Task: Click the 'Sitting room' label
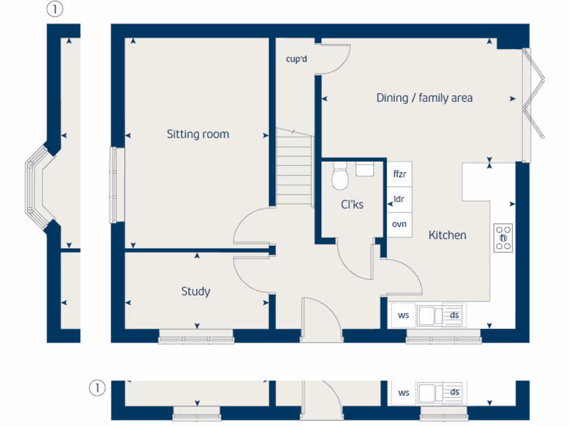point(198,134)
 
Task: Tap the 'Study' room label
point(196,291)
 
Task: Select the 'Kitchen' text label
point(447,235)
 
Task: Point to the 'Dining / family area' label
point(425,98)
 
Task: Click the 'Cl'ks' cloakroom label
point(352,205)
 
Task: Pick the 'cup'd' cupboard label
point(296,59)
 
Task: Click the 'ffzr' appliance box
point(400,174)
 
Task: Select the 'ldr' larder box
point(399,199)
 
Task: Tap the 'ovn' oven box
point(400,225)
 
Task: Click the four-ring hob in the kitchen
point(503,239)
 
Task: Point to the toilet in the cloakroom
point(340,177)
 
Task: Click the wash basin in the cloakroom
point(365,169)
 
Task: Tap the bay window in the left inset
point(34,187)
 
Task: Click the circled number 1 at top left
point(54,9)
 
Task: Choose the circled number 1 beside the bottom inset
point(97,389)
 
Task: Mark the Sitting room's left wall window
point(117,185)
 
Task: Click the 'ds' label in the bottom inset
point(455,393)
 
